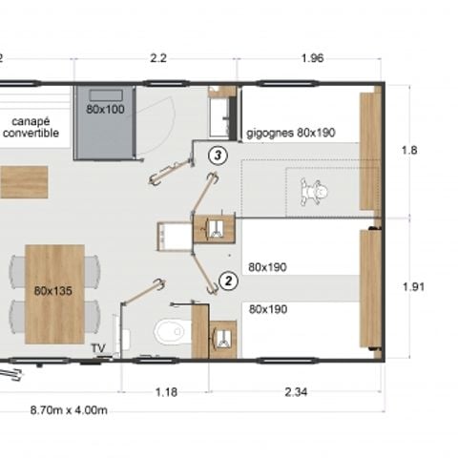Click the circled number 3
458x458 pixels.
[x=218, y=156]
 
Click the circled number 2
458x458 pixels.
[x=228, y=281]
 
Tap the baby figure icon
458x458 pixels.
[x=314, y=192]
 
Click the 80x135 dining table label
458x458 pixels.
[x=53, y=291]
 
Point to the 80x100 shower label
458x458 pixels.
[x=105, y=110]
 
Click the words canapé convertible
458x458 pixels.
[x=31, y=127]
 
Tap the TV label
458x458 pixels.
[x=98, y=348]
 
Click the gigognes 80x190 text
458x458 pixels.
[x=291, y=133]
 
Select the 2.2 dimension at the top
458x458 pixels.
[x=158, y=58]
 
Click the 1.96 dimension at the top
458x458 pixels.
[x=312, y=58]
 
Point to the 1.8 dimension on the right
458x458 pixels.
[x=409, y=150]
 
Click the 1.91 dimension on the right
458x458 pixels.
[x=413, y=287]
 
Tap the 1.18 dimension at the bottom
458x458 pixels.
[x=166, y=392]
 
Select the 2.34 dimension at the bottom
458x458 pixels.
[x=296, y=392]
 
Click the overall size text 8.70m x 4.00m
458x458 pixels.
[x=69, y=410]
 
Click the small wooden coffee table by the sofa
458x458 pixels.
[x=24, y=182]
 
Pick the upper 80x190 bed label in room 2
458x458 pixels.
[x=267, y=267]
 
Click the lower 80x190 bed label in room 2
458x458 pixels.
[x=268, y=309]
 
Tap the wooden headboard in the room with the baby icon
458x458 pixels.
[x=370, y=151]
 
